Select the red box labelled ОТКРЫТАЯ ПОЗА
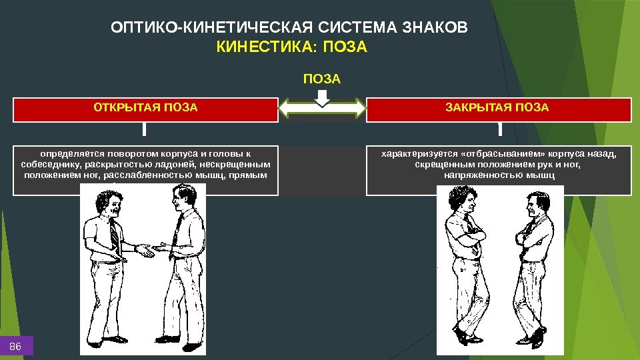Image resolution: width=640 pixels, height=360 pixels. point(145,109)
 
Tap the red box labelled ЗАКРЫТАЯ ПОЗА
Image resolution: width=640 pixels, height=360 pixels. point(498,109)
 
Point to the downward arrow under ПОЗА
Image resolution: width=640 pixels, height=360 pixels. point(322,98)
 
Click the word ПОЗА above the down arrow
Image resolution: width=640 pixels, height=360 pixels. point(322,79)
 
